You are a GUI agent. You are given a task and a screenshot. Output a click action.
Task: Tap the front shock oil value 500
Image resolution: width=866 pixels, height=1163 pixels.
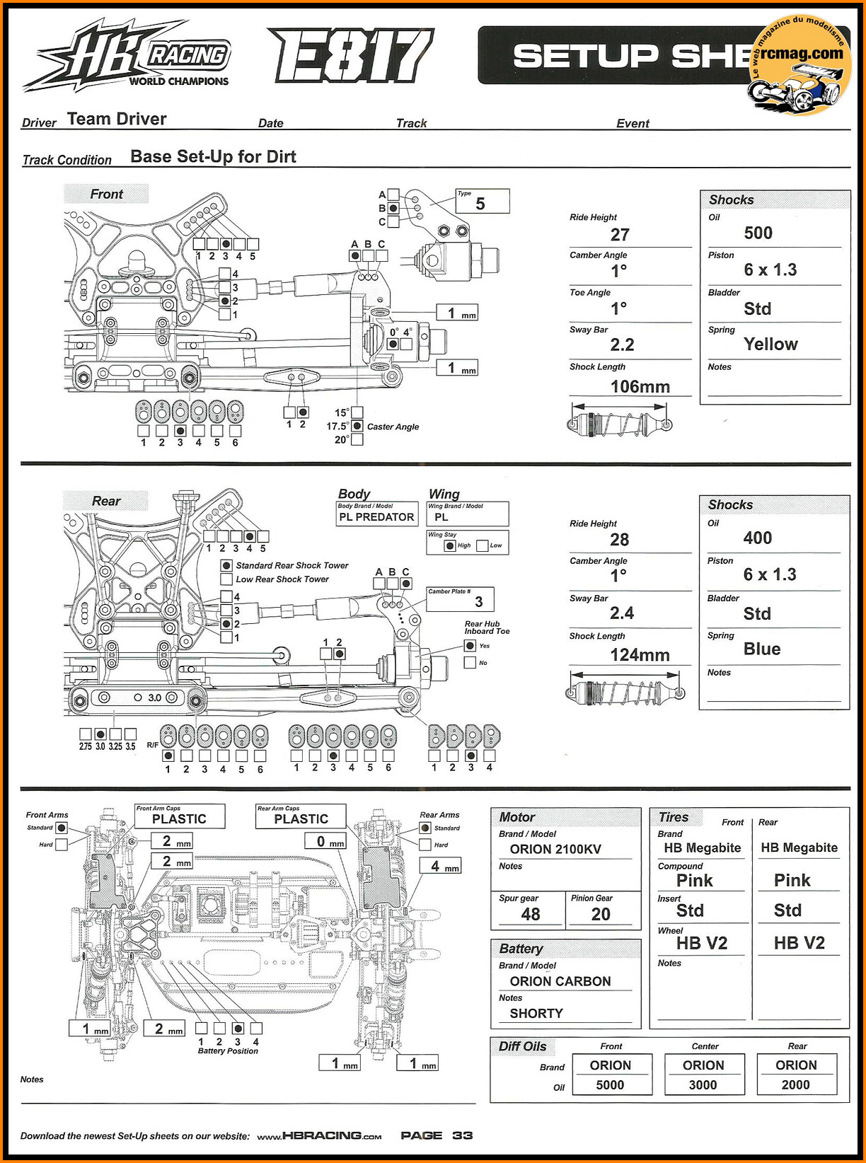point(758,233)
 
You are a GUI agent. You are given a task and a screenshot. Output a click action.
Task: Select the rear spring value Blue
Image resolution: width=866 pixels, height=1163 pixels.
point(761,649)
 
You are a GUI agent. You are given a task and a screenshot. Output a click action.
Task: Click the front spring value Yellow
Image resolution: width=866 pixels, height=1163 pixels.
point(770,344)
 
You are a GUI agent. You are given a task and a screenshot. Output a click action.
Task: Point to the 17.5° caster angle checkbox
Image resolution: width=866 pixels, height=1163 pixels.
point(357,426)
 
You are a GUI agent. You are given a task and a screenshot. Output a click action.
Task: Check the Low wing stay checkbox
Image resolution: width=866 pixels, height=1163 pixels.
point(483,545)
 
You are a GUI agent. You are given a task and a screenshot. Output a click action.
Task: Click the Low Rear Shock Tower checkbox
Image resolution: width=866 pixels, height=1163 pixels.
point(226,579)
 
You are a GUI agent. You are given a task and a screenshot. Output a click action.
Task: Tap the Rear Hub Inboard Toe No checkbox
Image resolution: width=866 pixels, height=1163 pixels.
point(470,662)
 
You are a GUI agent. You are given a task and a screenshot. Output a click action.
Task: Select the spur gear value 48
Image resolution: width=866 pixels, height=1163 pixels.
point(531,914)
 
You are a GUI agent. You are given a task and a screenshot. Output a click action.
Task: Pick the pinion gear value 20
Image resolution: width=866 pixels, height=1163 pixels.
point(601,914)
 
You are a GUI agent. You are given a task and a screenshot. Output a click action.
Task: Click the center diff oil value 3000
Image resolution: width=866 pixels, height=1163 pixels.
point(703,1084)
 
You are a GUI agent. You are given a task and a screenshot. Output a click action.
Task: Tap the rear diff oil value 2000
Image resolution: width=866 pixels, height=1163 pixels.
point(796,1084)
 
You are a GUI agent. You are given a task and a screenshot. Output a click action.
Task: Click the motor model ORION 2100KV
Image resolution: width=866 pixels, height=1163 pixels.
point(555,849)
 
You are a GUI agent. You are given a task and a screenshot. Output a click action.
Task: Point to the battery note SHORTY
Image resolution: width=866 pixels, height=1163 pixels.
point(536,1013)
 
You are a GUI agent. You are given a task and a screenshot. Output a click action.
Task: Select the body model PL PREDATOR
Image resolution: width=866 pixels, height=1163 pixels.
point(376,517)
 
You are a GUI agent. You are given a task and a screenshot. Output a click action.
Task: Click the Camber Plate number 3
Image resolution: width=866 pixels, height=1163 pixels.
point(479,601)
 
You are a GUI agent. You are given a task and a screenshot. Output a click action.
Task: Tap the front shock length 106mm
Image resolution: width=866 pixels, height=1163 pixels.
point(640,386)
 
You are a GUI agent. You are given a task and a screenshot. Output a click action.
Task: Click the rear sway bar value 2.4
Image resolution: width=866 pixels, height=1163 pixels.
point(622,613)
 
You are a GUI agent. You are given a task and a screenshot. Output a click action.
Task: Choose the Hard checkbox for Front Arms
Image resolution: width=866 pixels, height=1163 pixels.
point(62,844)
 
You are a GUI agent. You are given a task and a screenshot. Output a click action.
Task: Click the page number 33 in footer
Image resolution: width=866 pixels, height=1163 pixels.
point(463,1135)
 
